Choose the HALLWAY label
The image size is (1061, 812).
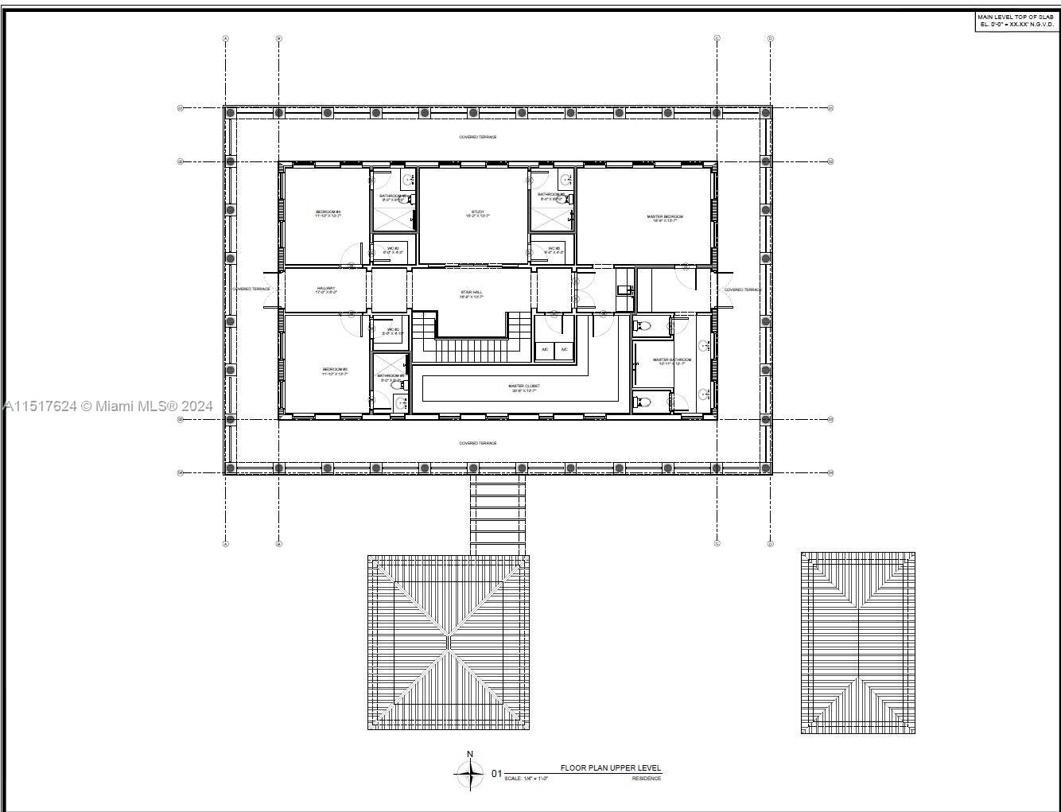pos(326,290)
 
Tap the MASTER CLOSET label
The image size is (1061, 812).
pos(523,388)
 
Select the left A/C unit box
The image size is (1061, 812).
pos(545,349)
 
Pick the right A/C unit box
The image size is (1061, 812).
pos(564,349)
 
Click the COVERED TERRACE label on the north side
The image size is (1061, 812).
pos(478,137)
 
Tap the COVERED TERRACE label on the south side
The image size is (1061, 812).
pos(478,443)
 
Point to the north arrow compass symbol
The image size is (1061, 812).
pos(470,772)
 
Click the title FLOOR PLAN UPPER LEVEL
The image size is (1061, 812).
pos(610,768)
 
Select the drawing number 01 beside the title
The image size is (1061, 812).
pos(496,773)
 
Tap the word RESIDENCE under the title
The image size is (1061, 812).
pos(646,779)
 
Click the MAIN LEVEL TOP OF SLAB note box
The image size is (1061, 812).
pos(1017,21)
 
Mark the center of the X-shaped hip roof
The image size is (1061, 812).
pos(449,643)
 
